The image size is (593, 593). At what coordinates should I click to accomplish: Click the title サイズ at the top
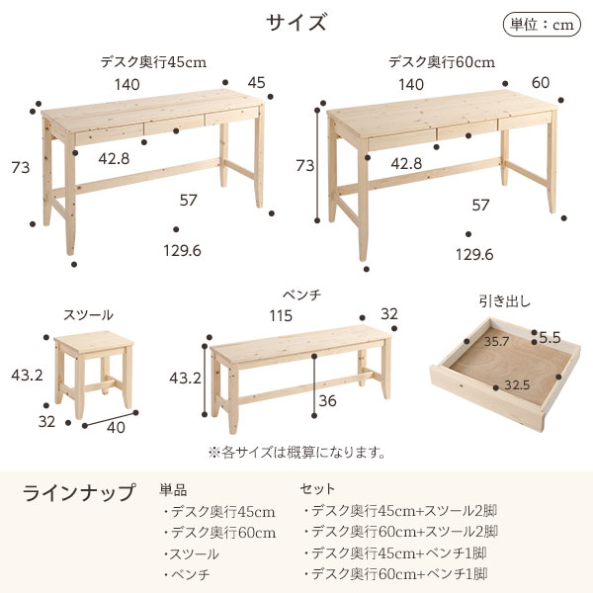pyautogui.click(x=296, y=22)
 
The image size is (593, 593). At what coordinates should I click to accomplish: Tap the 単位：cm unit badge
pyautogui.click(x=542, y=25)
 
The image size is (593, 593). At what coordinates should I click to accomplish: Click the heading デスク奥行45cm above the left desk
pyautogui.click(x=153, y=62)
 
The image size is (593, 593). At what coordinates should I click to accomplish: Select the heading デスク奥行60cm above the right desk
pyautogui.click(x=442, y=62)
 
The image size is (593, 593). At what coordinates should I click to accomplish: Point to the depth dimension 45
pyautogui.click(x=256, y=83)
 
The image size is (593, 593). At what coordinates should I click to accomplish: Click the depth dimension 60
pyautogui.click(x=541, y=83)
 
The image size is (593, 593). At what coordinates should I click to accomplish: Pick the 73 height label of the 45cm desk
pyautogui.click(x=21, y=168)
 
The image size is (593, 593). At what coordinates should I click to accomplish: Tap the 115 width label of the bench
pyautogui.click(x=281, y=316)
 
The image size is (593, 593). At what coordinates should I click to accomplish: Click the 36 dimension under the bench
pyautogui.click(x=327, y=401)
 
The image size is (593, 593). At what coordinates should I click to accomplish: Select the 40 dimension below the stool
pyautogui.click(x=116, y=427)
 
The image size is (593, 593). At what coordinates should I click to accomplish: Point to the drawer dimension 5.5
pyautogui.click(x=550, y=337)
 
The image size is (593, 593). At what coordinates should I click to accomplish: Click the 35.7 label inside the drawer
pyautogui.click(x=496, y=342)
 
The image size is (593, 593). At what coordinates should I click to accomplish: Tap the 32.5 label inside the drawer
pyautogui.click(x=517, y=385)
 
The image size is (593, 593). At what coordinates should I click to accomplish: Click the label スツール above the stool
pyautogui.click(x=88, y=315)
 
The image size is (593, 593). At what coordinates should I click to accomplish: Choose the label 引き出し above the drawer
pyautogui.click(x=505, y=301)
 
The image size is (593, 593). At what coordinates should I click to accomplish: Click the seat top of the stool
pyautogui.click(x=94, y=340)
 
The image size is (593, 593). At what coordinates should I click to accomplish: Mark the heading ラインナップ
pyautogui.click(x=79, y=493)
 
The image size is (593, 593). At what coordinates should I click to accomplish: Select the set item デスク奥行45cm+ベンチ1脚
pyautogui.click(x=395, y=553)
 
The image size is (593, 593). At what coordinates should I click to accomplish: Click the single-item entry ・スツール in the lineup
pyautogui.click(x=192, y=554)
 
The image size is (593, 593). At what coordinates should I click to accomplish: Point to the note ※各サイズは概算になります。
pyautogui.click(x=296, y=453)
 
